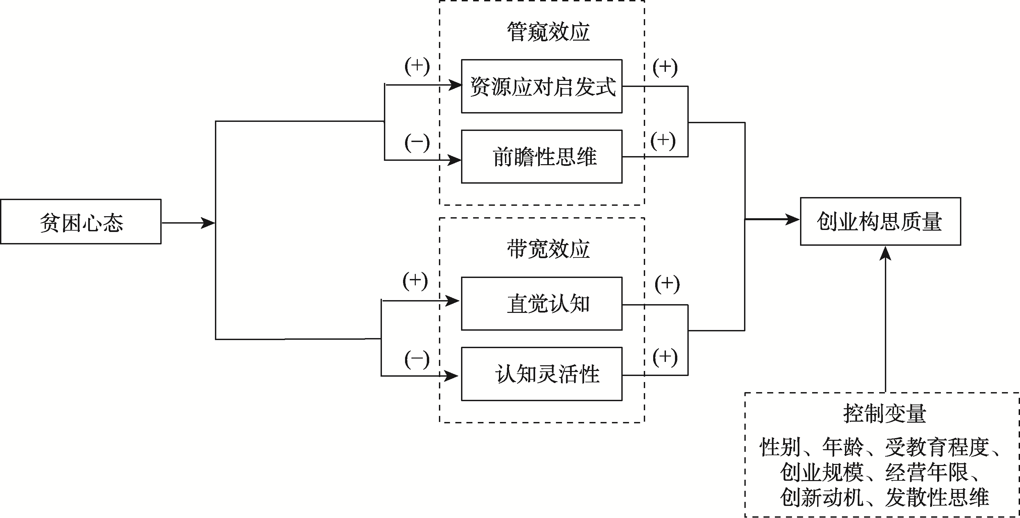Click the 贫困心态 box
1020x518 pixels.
pos(81,222)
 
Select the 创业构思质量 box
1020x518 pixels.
pos(880,221)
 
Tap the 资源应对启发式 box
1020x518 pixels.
pos(542,86)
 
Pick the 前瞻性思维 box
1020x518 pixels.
pos(542,156)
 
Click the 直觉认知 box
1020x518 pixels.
pos(542,303)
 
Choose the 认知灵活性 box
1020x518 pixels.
pos(542,374)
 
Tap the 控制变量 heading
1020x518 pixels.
pos(884,413)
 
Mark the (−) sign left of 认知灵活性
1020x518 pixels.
pos(416,359)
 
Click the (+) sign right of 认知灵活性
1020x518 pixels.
pos(665,357)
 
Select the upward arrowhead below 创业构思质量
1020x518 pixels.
pos(885,253)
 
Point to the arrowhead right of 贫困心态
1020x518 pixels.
pos(208,223)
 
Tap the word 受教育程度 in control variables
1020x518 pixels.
pos(937,447)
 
